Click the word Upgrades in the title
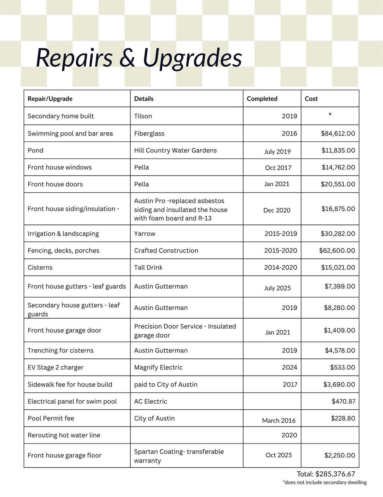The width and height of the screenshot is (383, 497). [x=192, y=58]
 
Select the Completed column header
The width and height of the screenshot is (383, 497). [x=262, y=99]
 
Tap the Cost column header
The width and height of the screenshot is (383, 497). [x=311, y=99]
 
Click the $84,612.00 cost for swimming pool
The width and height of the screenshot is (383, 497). [x=338, y=133]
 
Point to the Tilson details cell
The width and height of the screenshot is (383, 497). [x=143, y=116]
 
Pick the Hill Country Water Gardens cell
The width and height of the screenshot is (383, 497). [x=175, y=150]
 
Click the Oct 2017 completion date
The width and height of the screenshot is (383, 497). [x=278, y=168]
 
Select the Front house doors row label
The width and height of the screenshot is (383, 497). [x=55, y=184]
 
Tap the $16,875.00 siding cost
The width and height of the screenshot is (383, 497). [x=338, y=209]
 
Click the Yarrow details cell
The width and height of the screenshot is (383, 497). [x=144, y=234]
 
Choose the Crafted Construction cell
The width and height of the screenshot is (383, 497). [x=166, y=251]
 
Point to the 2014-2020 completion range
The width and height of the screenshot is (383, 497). [x=281, y=268]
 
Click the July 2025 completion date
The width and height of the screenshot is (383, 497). [x=277, y=288]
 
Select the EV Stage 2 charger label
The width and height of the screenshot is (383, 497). [x=55, y=368]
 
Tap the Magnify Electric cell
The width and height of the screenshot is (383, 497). [x=158, y=368]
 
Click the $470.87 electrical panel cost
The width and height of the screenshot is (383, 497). [x=343, y=401]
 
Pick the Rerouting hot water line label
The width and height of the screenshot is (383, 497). [x=64, y=436]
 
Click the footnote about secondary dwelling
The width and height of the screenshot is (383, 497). [x=325, y=483]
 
